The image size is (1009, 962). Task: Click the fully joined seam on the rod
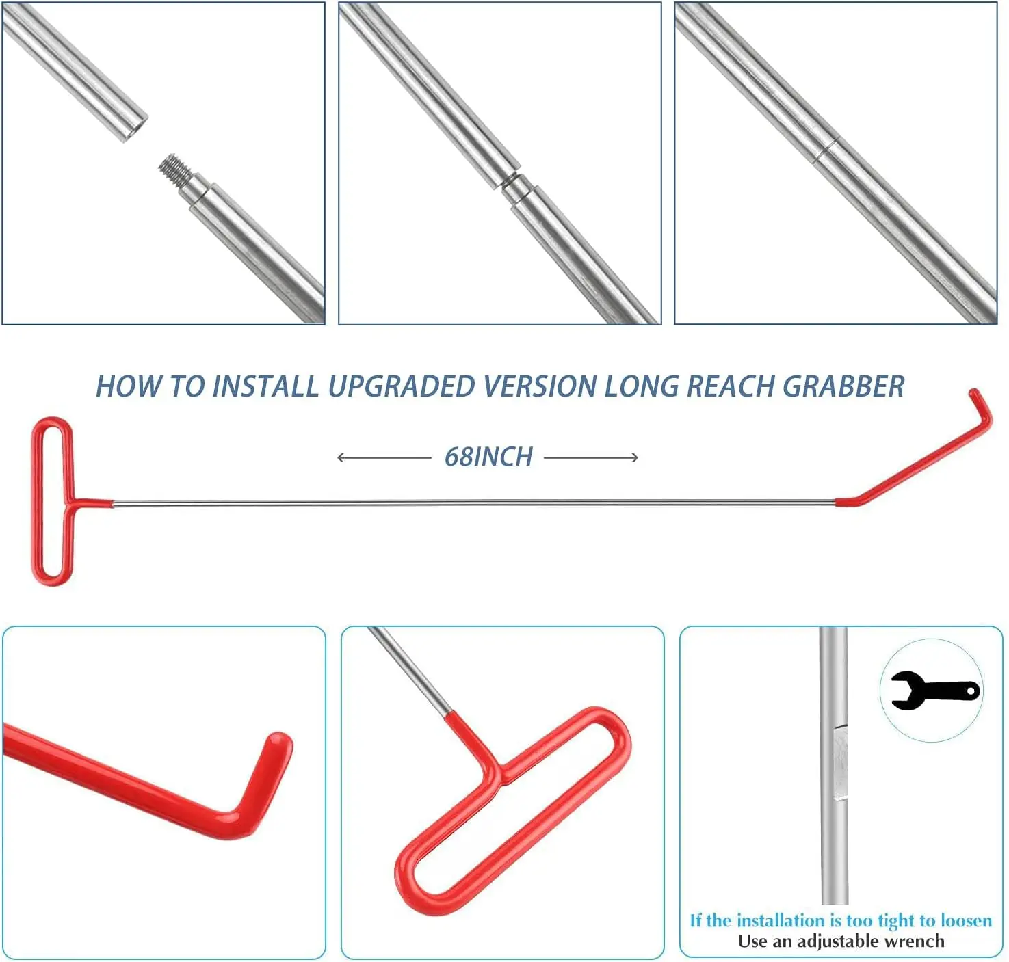coord(826,152)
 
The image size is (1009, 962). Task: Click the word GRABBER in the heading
coord(843,387)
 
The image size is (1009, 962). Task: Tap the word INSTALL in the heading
coord(265,387)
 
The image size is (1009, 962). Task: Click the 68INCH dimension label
coord(488,457)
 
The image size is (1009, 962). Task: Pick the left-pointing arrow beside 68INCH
coord(383,457)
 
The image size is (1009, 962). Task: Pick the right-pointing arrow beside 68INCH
coord(592,457)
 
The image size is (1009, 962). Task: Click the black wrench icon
coord(934,691)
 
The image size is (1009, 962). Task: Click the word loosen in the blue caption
coord(966,920)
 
